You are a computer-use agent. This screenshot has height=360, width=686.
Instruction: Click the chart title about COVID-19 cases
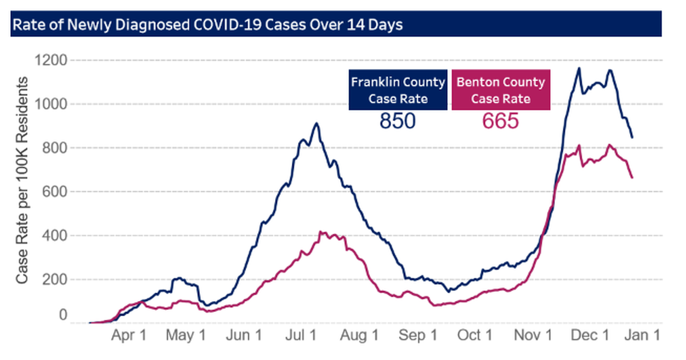[x=208, y=25]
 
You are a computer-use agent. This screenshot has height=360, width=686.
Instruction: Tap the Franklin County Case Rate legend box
[x=398, y=90]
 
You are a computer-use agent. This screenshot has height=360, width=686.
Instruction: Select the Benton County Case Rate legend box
[x=500, y=90]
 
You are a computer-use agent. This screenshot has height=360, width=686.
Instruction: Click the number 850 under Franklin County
[x=398, y=121]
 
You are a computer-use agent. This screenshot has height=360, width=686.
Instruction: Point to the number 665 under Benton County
[x=500, y=121]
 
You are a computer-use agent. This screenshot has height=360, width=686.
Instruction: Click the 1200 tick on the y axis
[x=51, y=60]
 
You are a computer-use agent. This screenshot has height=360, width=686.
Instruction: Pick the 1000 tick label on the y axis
[x=51, y=104]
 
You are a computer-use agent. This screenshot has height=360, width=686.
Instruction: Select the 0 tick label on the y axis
[x=63, y=315]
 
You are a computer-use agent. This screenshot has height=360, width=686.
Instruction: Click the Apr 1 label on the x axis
[x=129, y=335]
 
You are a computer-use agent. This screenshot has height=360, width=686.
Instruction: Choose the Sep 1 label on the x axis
[x=418, y=335]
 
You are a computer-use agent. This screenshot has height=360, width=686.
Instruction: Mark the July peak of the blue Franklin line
[x=316, y=123]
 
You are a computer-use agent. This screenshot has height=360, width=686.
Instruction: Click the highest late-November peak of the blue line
[x=579, y=68]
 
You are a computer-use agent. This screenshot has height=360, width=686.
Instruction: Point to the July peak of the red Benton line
[x=321, y=231]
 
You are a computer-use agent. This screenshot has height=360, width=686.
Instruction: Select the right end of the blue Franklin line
[x=632, y=137]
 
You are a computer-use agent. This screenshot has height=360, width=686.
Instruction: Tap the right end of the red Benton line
[x=632, y=178]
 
